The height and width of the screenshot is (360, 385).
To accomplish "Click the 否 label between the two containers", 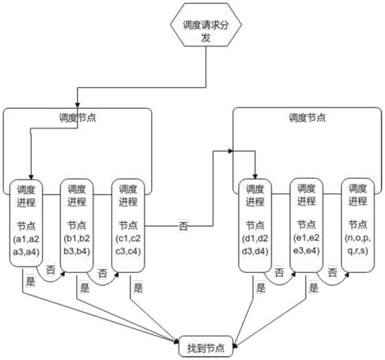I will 184,226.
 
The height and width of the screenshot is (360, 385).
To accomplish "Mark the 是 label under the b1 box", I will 84,288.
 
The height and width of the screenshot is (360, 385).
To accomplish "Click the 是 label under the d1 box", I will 260,288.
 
